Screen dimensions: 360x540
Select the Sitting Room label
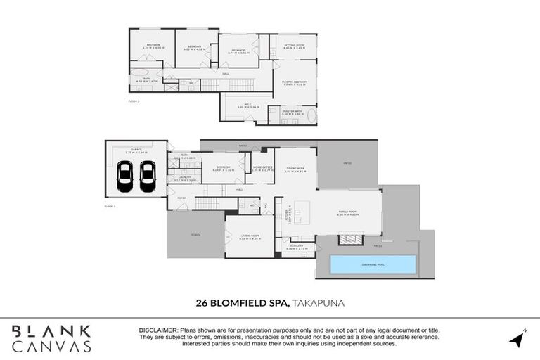[294, 46]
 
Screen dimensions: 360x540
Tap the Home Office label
[262, 168]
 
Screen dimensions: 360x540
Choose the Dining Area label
[295, 168]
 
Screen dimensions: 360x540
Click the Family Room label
[347, 215]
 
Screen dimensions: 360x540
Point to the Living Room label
[250, 237]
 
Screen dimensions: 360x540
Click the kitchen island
[302, 209]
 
